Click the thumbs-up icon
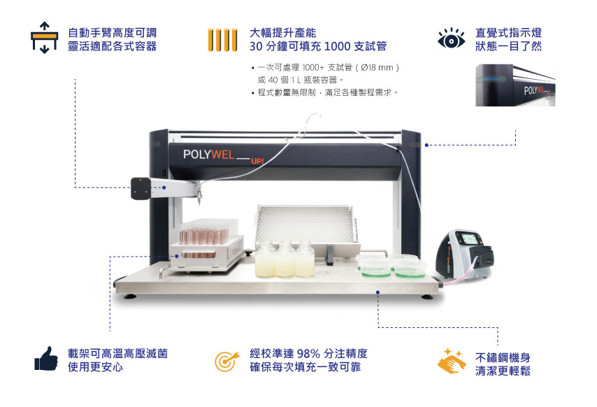(x=46, y=358)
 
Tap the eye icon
(x=451, y=39)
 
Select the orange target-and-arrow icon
(x=226, y=361)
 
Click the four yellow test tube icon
(x=223, y=40)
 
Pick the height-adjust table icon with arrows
(x=45, y=37)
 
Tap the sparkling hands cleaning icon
(x=452, y=360)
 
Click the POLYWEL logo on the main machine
(x=208, y=154)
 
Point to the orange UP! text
(x=257, y=161)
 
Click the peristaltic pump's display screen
(x=470, y=239)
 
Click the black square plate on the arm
(x=141, y=188)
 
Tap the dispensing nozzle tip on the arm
(x=199, y=203)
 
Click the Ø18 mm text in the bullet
(x=377, y=68)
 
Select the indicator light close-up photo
(x=515, y=85)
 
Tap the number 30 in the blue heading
(x=256, y=46)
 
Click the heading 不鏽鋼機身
(x=503, y=357)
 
